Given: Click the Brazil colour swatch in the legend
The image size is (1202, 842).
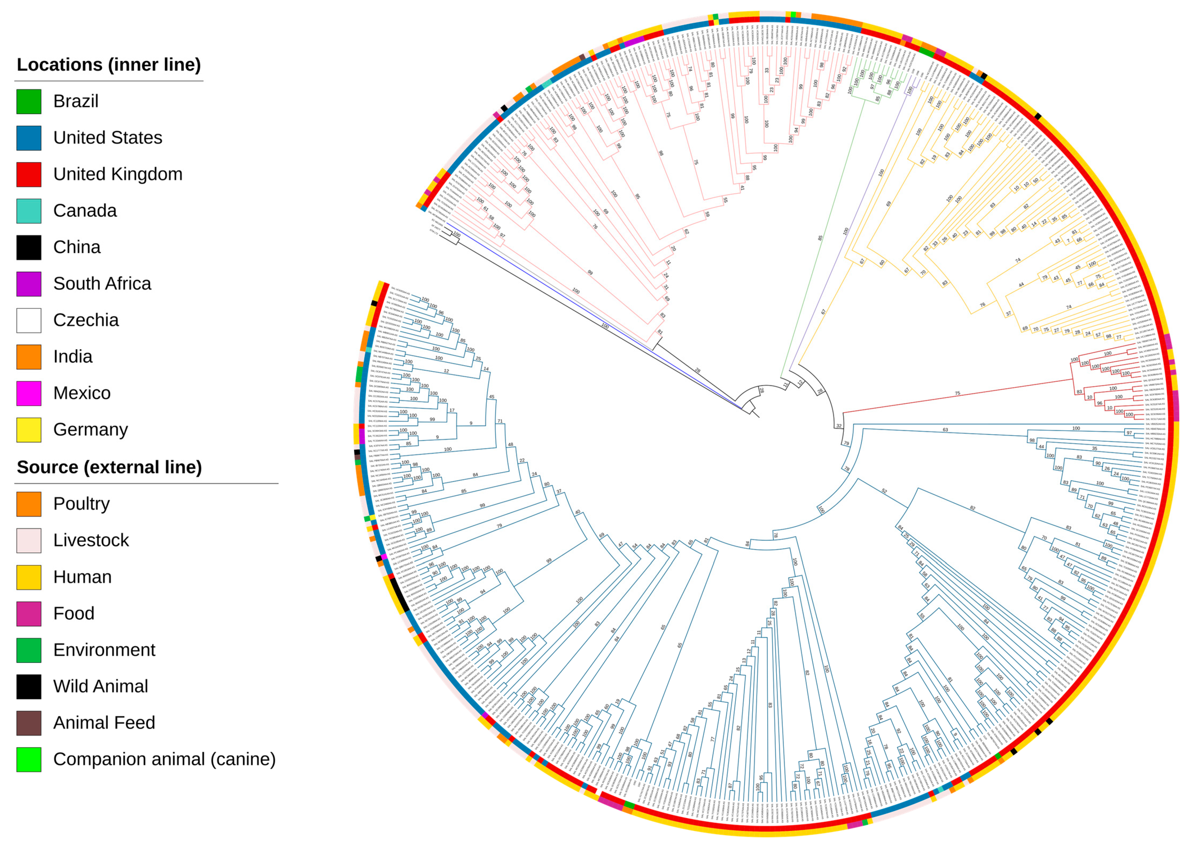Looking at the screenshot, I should tap(29, 102).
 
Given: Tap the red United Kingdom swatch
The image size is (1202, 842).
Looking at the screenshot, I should tap(29, 174).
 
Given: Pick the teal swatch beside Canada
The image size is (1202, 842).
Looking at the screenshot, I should tap(29, 211).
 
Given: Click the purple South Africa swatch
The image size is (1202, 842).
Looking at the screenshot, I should tap(29, 284).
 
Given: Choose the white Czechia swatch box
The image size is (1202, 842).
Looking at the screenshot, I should tap(29, 320).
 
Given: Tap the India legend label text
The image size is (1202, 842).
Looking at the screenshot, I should tap(73, 357).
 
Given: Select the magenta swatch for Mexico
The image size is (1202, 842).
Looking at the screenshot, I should tap(29, 393).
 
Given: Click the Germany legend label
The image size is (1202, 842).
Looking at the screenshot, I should tap(91, 429).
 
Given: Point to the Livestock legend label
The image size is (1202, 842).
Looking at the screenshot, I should tap(91, 540).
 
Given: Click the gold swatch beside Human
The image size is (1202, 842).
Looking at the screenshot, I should tap(29, 577).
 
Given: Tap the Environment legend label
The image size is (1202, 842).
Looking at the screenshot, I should tap(104, 650).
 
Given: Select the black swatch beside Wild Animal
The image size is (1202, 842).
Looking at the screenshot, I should tap(29, 686).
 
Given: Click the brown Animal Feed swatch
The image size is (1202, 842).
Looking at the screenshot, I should tap(29, 723).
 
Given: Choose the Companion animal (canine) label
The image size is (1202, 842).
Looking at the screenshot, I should tap(164, 759).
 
